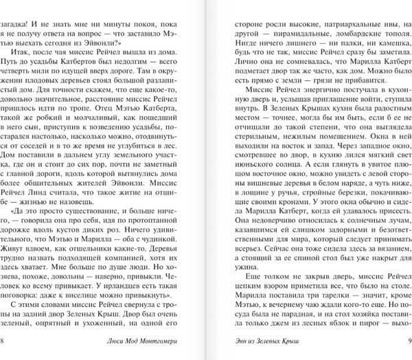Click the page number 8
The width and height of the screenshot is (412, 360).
coord(4,341)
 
